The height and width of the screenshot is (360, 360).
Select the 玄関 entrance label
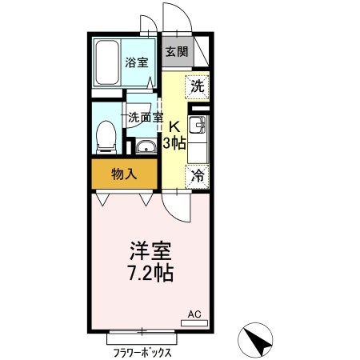[176, 53]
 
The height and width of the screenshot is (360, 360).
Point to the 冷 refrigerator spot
[197, 175]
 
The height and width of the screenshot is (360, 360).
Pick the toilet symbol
[105, 138]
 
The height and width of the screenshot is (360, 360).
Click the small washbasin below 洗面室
[145, 146]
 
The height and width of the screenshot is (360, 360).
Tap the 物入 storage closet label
[124, 173]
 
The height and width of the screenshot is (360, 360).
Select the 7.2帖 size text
[149, 271]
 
